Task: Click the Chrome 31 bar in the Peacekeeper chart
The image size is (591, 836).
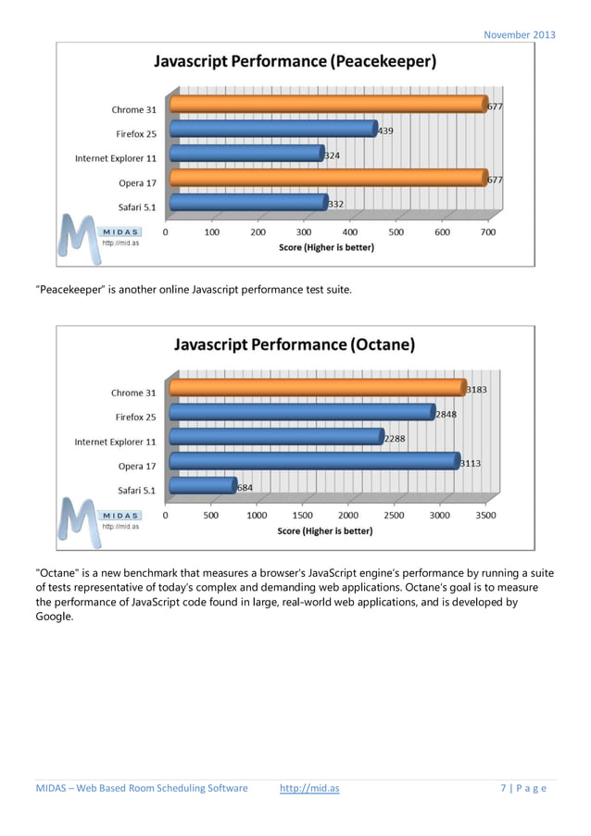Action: [329, 105]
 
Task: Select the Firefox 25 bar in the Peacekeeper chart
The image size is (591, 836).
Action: [273, 129]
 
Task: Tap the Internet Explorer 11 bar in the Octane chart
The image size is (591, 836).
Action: [276, 436]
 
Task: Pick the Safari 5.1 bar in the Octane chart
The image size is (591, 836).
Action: [203, 484]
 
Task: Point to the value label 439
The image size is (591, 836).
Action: [384, 131]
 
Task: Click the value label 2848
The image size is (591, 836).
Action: [446, 415]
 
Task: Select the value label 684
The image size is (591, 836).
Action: [245, 487]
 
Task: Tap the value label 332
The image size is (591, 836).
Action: [335, 204]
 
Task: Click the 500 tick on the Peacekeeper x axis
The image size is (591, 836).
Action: [396, 232]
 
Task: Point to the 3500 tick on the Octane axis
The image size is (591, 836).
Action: [485, 515]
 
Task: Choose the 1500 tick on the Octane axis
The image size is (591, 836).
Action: [302, 515]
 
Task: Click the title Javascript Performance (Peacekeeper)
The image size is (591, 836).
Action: [295, 62]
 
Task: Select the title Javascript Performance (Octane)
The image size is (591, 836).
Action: [295, 344]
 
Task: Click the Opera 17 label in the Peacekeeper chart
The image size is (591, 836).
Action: [137, 182]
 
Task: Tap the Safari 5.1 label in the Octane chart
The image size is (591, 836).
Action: [137, 490]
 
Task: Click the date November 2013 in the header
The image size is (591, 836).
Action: [520, 35]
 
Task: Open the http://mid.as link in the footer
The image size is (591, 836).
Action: [309, 788]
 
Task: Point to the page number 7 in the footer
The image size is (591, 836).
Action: [504, 788]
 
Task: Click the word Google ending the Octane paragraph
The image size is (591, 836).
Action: [54, 616]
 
